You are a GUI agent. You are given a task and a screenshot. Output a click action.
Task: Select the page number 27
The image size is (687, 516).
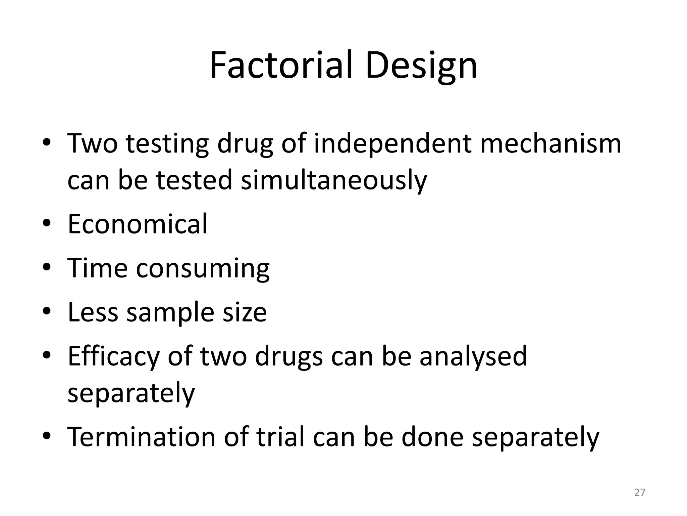point(640,492)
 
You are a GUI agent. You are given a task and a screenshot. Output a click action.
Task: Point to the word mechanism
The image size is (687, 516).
point(550,143)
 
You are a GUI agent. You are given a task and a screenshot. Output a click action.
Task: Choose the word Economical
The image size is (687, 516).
point(138,224)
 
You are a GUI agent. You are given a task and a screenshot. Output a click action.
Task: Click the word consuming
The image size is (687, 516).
point(203,268)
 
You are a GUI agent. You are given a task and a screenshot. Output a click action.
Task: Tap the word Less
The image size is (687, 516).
point(93,312)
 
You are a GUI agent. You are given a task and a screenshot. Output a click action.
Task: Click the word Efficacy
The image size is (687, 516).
point(113,356)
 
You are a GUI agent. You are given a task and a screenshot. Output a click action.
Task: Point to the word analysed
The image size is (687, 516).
point(473,356)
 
